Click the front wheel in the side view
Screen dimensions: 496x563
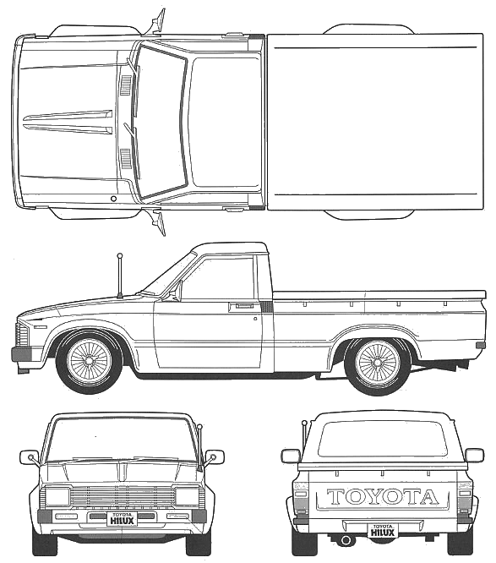coord(89,362)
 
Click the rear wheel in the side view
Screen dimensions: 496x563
coord(378,363)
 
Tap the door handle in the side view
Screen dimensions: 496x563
coord(241,307)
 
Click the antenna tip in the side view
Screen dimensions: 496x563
coord(120,256)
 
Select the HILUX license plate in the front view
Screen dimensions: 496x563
coord(122,519)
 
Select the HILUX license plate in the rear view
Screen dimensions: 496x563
coord(383,531)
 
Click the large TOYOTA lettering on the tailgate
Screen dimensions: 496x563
coord(383,497)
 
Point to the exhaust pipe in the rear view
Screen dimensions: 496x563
coord(346,540)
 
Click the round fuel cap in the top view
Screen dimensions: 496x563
coord(113,199)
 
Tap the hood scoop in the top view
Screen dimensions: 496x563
coord(68,122)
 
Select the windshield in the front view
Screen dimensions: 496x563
coord(122,440)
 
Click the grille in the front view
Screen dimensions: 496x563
coord(122,497)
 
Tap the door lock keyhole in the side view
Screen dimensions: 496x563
coord(255,318)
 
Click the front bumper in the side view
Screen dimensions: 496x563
coord(21,354)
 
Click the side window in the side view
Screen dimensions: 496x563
coord(219,278)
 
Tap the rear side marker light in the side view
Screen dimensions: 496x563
coord(481,345)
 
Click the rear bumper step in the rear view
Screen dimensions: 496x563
coord(383,524)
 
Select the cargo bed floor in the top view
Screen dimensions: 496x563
coord(375,122)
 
